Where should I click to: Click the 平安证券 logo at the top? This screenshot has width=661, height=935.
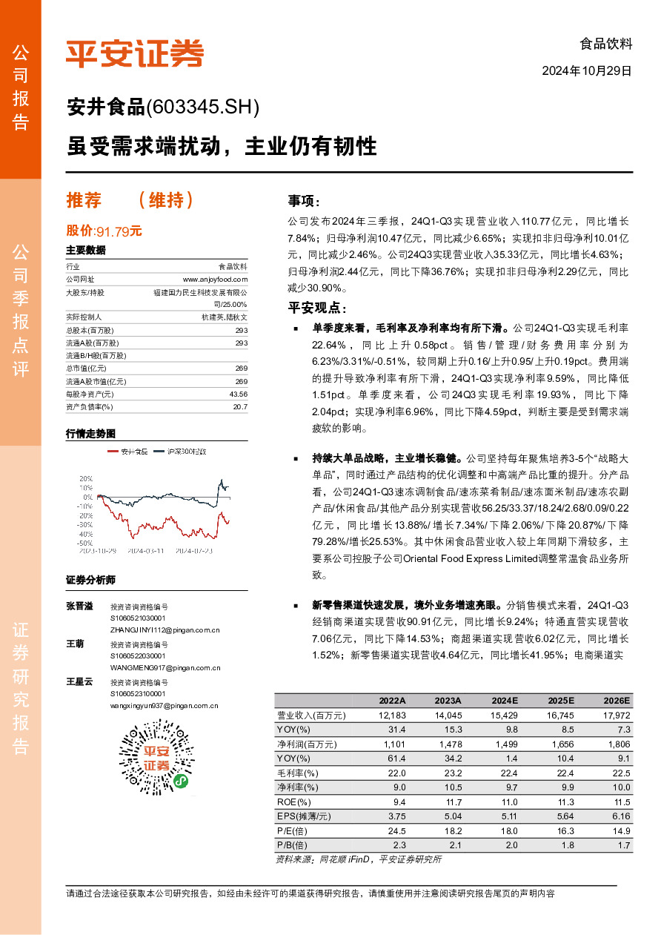pyautogui.click(x=134, y=53)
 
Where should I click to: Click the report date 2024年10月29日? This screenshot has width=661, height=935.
pyautogui.click(x=587, y=72)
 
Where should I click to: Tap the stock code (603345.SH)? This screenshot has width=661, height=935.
pyautogui.click(x=203, y=108)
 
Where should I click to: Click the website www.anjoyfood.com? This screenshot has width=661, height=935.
pyautogui.click(x=215, y=280)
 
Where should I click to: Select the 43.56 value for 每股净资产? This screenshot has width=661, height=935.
pyautogui.click(x=238, y=394)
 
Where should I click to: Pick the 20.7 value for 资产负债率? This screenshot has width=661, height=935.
pyautogui.click(x=239, y=406)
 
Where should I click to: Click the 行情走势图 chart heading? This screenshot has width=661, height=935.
pyautogui.click(x=91, y=433)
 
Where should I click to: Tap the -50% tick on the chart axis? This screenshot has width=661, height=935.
pyautogui.click(x=85, y=543)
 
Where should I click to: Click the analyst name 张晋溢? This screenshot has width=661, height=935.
pyautogui.click(x=80, y=606)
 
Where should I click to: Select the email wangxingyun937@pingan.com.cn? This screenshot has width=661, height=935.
pyautogui.click(x=164, y=706)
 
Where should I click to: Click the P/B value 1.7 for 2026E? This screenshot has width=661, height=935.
pyautogui.click(x=623, y=845)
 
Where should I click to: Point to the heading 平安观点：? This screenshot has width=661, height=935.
pyautogui.click(x=316, y=308)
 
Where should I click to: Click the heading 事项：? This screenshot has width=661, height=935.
pyautogui.click(x=304, y=202)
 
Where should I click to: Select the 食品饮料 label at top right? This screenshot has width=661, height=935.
pyautogui.click(x=605, y=44)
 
